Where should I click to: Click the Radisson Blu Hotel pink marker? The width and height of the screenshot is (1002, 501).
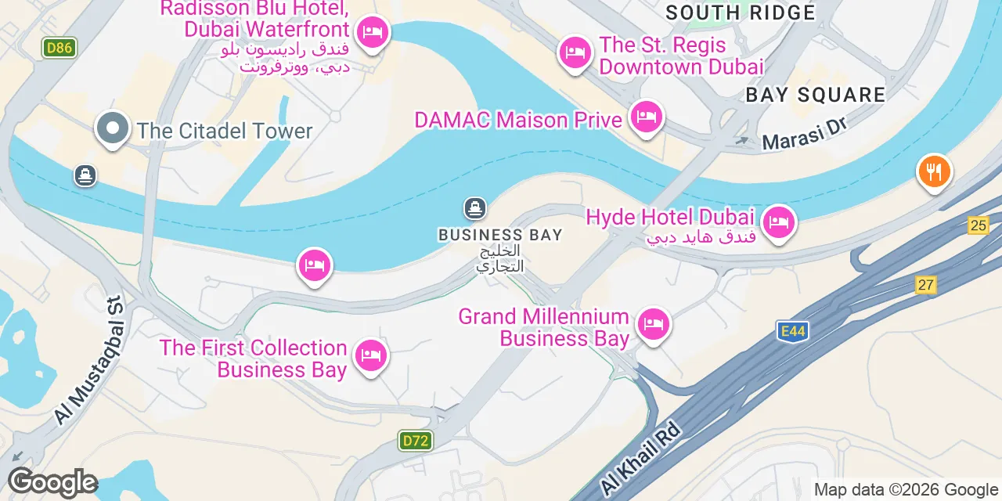(x=372, y=33)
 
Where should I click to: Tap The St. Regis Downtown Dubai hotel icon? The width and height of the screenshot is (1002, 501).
(x=575, y=53)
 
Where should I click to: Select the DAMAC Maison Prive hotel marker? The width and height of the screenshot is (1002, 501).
(x=646, y=118)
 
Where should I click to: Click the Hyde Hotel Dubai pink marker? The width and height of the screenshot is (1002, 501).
(x=778, y=223)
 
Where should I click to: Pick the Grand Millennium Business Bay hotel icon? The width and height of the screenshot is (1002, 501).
(x=653, y=323)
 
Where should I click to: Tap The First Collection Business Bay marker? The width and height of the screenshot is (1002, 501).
(x=370, y=356)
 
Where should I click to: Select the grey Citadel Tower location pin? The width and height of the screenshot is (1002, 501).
(x=113, y=128)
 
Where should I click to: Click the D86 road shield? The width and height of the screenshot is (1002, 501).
(x=59, y=48)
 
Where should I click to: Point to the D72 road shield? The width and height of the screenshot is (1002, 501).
(x=415, y=441)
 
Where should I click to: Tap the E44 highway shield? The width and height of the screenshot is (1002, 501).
(x=792, y=332)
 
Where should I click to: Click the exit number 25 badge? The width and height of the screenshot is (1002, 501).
(x=978, y=225)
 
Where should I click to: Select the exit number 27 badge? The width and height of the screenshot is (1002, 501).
(x=926, y=285)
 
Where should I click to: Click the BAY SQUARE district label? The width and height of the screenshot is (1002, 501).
(x=815, y=96)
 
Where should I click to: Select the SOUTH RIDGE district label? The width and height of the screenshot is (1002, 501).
(x=740, y=13)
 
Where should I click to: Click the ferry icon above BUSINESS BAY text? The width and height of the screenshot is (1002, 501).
(x=474, y=208)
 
